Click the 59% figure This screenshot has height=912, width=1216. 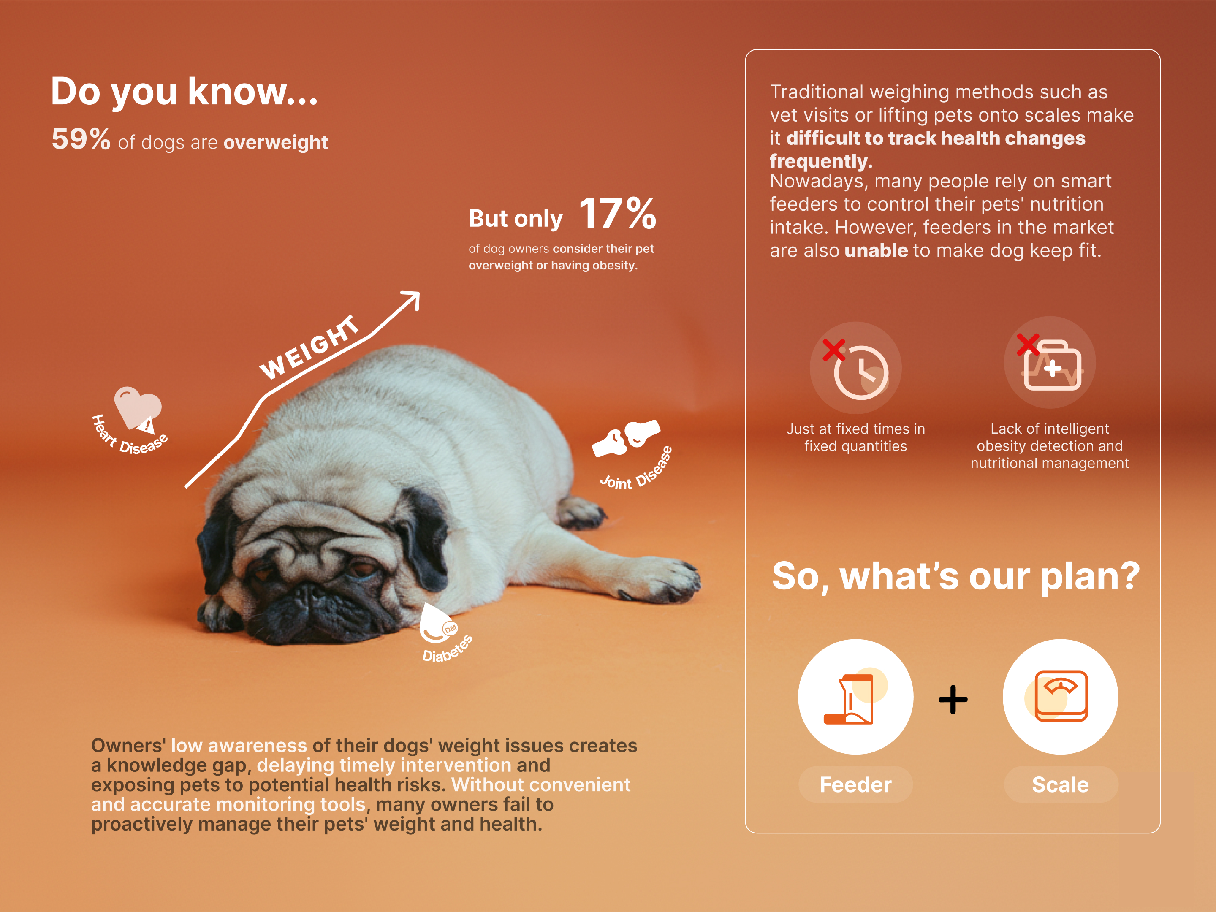click(x=81, y=138)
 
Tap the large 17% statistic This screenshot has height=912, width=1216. click(x=617, y=213)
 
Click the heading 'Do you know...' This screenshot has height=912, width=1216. click(x=184, y=91)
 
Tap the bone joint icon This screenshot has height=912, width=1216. click(x=626, y=438)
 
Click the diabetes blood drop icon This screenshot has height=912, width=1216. click(x=437, y=624)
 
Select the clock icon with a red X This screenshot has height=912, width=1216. click(x=856, y=368)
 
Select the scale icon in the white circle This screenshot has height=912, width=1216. click(x=1060, y=696)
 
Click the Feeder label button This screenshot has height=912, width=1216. click(x=855, y=784)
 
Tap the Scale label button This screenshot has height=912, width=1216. click(x=1061, y=784)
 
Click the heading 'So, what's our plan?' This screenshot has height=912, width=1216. click(x=956, y=577)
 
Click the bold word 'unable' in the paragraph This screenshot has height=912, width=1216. click(x=876, y=251)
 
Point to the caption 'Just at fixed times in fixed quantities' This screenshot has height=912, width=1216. click(x=856, y=437)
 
